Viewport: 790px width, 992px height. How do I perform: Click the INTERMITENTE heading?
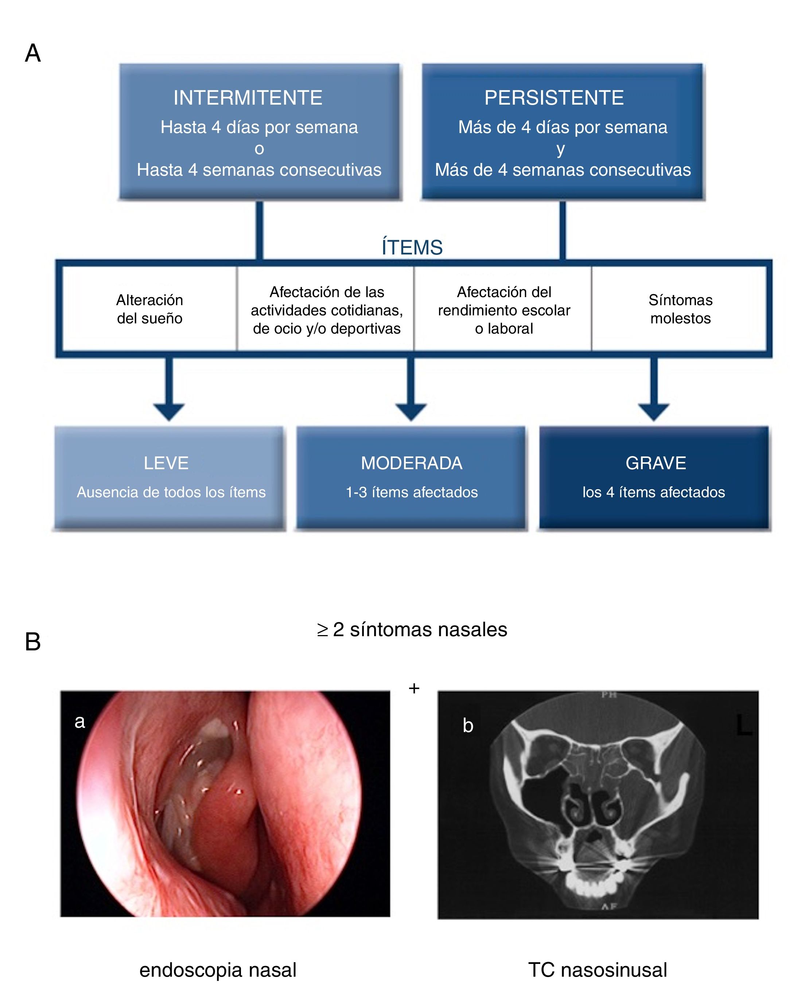(248, 98)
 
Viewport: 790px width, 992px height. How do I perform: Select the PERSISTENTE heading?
(554, 98)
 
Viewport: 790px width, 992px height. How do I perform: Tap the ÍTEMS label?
(412, 248)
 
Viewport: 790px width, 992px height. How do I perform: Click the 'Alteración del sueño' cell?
(149, 309)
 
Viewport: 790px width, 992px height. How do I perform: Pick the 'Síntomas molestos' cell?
(681, 309)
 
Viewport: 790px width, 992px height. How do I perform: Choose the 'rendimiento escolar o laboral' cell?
(504, 310)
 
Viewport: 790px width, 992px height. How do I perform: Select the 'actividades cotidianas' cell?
(327, 310)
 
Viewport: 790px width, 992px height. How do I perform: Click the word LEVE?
(166, 463)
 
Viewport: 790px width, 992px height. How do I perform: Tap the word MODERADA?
(411, 463)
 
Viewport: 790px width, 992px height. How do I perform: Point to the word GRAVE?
(655, 463)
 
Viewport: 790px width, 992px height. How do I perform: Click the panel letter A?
(33, 53)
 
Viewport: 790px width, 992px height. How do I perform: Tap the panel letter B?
(33, 641)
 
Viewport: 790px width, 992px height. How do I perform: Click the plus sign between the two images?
(414, 688)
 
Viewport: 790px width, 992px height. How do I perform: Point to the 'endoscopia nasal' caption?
(218, 969)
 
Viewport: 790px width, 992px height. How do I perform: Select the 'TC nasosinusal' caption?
(597, 969)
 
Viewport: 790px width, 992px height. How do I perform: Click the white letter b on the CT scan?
(468, 725)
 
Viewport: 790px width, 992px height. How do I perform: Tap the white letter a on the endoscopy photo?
(79, 721)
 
